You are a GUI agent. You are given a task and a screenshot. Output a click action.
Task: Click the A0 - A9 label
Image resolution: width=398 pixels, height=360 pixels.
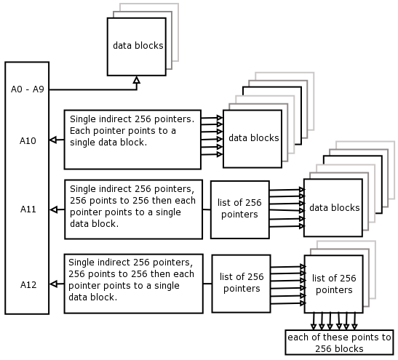point(28,89)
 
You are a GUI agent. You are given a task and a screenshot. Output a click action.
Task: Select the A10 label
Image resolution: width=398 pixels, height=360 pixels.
point(28,141)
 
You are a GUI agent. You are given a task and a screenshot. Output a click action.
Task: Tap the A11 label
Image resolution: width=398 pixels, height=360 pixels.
point(28,209)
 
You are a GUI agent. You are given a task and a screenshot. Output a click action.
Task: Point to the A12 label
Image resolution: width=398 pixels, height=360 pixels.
point(28,284)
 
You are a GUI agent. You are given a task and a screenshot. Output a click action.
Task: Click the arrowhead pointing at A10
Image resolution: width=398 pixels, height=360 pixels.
point(53,140)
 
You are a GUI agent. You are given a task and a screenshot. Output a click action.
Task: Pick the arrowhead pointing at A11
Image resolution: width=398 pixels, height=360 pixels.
point(53,209)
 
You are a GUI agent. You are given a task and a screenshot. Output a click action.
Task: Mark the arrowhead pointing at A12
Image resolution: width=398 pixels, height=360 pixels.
point(53,284)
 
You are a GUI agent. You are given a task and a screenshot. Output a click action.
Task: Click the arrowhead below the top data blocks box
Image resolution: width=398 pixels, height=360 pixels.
point(137,80)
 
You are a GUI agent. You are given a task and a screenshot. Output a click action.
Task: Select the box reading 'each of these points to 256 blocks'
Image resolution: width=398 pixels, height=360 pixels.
point(339,343)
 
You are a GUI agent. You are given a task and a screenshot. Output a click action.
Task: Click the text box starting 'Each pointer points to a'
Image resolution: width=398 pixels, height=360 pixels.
point(132,140)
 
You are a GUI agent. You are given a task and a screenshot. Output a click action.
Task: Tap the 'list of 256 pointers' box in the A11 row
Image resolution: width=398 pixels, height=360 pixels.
point(240,209)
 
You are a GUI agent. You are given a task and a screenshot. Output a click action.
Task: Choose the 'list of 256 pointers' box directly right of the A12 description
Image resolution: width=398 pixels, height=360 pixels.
point(241,284)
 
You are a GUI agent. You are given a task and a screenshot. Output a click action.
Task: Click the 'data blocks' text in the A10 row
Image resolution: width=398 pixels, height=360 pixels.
point(254,137)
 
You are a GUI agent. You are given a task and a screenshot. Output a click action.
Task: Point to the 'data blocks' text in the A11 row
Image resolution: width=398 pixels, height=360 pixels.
point(334,208)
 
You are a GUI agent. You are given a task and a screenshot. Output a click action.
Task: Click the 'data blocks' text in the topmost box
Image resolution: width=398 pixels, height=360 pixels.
point(138,46)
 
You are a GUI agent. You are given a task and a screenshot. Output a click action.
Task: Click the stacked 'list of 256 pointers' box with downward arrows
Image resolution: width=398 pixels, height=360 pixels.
point(334,284)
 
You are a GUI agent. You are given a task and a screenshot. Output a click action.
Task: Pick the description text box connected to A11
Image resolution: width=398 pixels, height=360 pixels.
point(133,209)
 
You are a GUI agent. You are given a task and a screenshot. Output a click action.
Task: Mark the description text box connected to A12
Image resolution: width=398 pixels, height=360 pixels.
point(133,284)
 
